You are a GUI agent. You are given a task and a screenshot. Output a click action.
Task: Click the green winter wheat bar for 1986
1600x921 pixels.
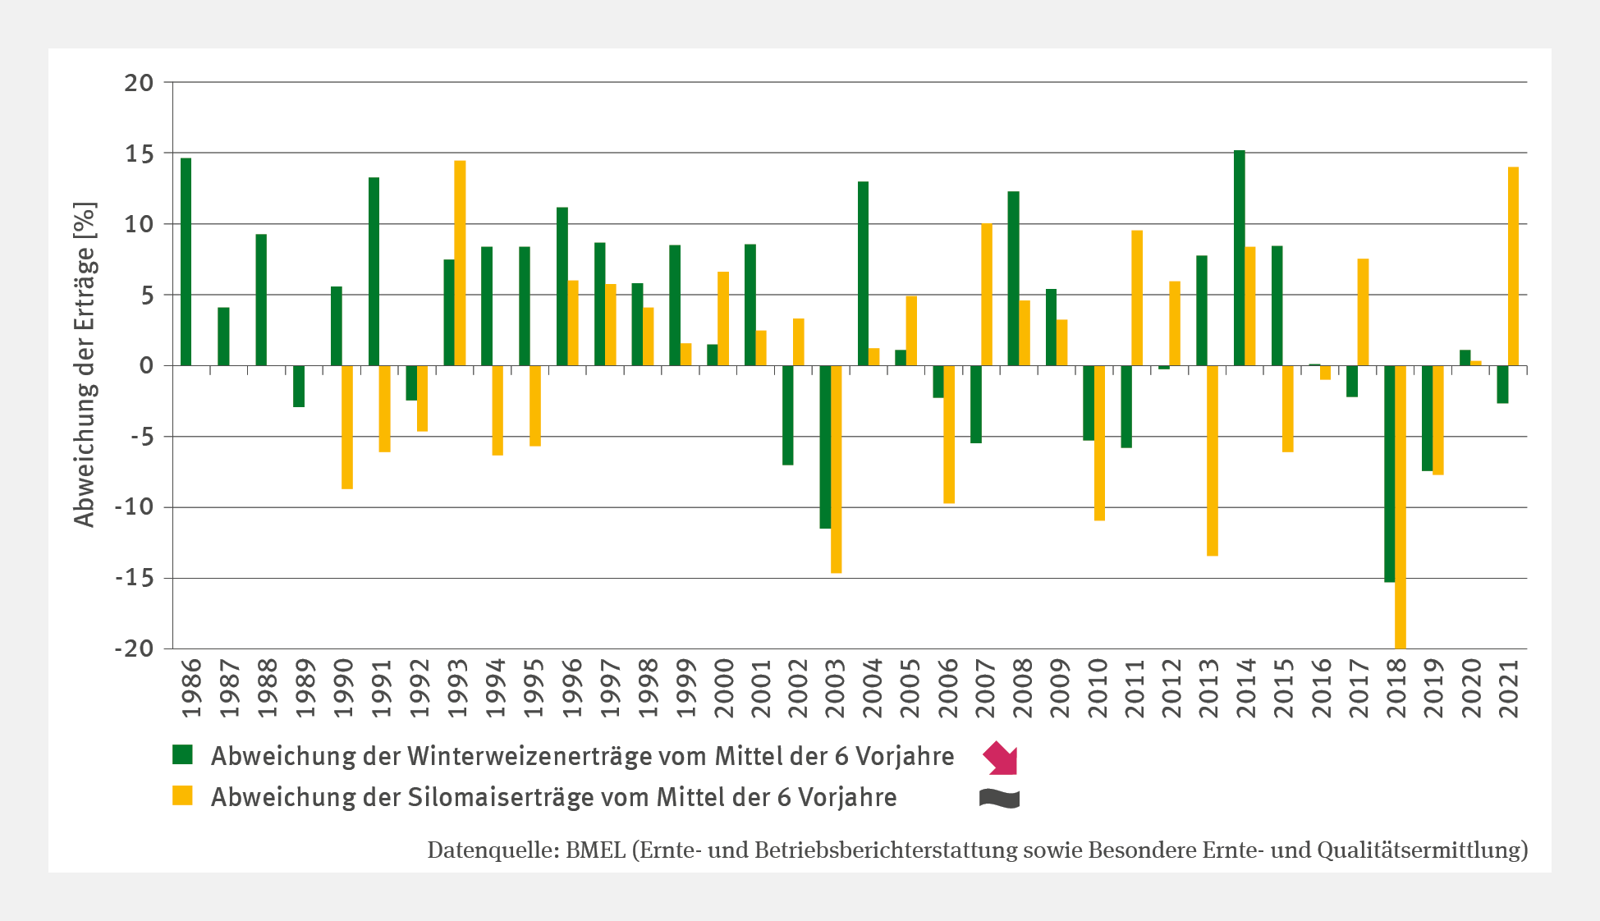pyautogui.click(x=186, y=262)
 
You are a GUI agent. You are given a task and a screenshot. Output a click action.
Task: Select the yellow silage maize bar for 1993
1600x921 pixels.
pyautogui.click(x=460, y=263)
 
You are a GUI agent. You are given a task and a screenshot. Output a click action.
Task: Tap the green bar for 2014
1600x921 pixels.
pyautogui.click(x=1239, y=258)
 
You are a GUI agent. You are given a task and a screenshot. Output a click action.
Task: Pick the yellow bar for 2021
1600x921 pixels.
pyautogui.click(x=1513, y=266)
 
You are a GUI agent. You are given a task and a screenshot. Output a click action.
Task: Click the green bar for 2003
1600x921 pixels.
pyautogui.click(x=825, y=447)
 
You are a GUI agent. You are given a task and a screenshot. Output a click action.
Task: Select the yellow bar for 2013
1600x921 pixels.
pyautogui.click(x=1213, y=460)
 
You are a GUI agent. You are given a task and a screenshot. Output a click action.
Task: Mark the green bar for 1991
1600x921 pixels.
pyautogui.click(x=374, y=271)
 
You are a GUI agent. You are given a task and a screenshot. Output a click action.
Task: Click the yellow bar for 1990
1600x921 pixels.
pyautogui.click(x=347, y=427)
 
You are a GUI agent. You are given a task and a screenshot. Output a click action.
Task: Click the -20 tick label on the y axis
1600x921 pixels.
pyautogui.click(x=134, y=648)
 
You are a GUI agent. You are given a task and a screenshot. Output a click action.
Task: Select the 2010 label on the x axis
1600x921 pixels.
pyautogui.click(x=1098, y=688)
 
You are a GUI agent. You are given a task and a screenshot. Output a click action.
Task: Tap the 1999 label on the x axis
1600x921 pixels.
pyautogui.click(x=685, y=688)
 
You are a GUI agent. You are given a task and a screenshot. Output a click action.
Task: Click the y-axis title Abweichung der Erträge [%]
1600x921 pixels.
pyautogui.click(x=84, y=364)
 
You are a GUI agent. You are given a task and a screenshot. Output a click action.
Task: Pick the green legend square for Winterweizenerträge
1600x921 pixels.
pyautogui.click(x=182, y=755)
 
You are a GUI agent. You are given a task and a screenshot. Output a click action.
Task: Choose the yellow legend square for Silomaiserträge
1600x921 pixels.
pyautogui.click(x=182, y=796)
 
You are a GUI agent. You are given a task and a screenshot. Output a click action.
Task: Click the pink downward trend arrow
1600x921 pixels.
pyautogui.click(x=1001, y=757)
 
